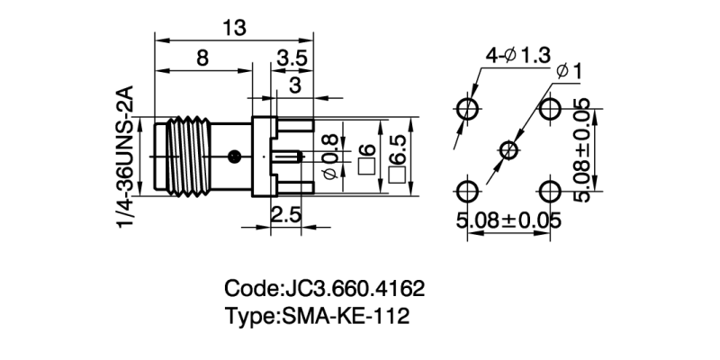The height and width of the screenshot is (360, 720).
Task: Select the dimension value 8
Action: [202, 58]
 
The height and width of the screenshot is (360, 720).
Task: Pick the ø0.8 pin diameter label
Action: [332, 154]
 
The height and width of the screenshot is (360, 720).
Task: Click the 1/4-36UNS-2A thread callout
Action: [126, 157]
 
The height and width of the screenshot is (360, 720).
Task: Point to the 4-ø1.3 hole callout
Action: [517, 56]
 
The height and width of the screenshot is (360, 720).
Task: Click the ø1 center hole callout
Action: [570, 71]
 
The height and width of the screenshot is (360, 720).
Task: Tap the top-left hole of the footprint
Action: [468, 109]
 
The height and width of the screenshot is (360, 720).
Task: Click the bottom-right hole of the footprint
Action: [550, 191]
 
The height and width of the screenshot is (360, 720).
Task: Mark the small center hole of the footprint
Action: [509, 149]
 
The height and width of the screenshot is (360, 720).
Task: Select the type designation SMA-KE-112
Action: [346, 316]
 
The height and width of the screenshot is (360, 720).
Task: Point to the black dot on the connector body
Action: [235, 155]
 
